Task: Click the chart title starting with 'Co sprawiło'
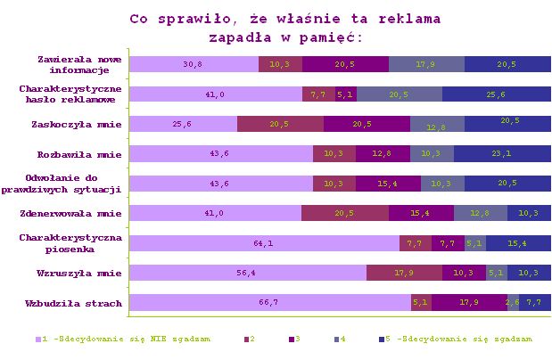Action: pos(284,28)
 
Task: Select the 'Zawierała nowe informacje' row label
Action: pos(73,64)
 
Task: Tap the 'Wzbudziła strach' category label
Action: pos(78,304)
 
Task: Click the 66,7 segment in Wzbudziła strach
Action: pos(270,303)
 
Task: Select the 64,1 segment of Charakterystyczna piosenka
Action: pos(264,243)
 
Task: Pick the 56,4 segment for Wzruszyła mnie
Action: pos(248,273)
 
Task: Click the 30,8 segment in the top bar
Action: pos(194,64)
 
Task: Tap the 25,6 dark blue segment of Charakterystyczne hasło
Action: pos(497,94)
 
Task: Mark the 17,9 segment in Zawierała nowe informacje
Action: pos(426,64)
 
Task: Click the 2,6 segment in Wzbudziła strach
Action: pos(513,303)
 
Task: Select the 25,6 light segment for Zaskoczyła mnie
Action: pos(183,124)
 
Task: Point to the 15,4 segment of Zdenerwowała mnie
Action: pos(421,213)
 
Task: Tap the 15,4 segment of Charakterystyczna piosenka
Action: pos(518,243)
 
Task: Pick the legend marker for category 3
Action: pos(292,340)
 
